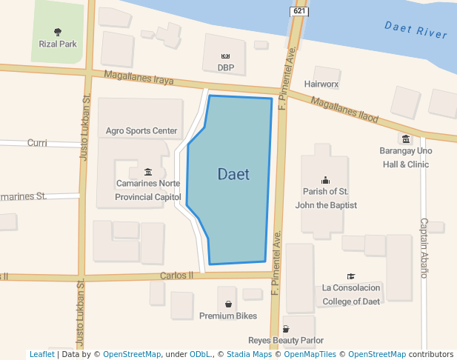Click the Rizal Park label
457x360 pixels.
coord(58,44)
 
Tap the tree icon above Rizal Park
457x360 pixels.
coord(58,32)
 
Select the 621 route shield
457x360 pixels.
coord(299,12)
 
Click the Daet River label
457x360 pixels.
coord(416,30)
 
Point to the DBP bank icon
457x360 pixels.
coord(226,56)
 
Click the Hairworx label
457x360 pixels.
coord(321,84)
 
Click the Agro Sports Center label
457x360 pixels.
coord(141,131)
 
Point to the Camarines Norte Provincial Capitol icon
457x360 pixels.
coord(148,172)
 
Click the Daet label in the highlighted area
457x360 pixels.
coord(233,175)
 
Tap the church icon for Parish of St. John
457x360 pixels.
coord(325,179)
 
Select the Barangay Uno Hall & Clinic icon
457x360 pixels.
coord(405,139)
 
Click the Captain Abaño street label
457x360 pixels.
coord(424,247)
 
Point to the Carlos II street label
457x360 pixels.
coord(176,276)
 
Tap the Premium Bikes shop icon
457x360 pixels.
coord(228,304)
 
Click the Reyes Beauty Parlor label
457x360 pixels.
coord(285,341)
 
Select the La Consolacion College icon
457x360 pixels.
coord(350,276)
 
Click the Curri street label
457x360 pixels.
coord(37,142)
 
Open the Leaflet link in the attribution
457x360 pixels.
coord(41,355)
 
